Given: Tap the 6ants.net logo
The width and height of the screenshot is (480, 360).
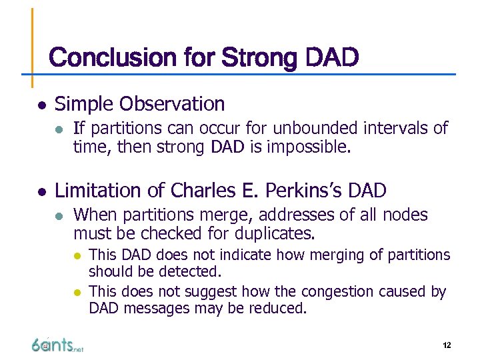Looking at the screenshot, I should pos(57,345).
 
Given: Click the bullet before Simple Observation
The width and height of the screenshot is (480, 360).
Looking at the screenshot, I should pos(40,105).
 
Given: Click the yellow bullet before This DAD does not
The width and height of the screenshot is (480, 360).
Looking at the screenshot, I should pos(78,255).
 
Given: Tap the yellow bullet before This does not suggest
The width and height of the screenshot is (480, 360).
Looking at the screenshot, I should pos(78,292).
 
